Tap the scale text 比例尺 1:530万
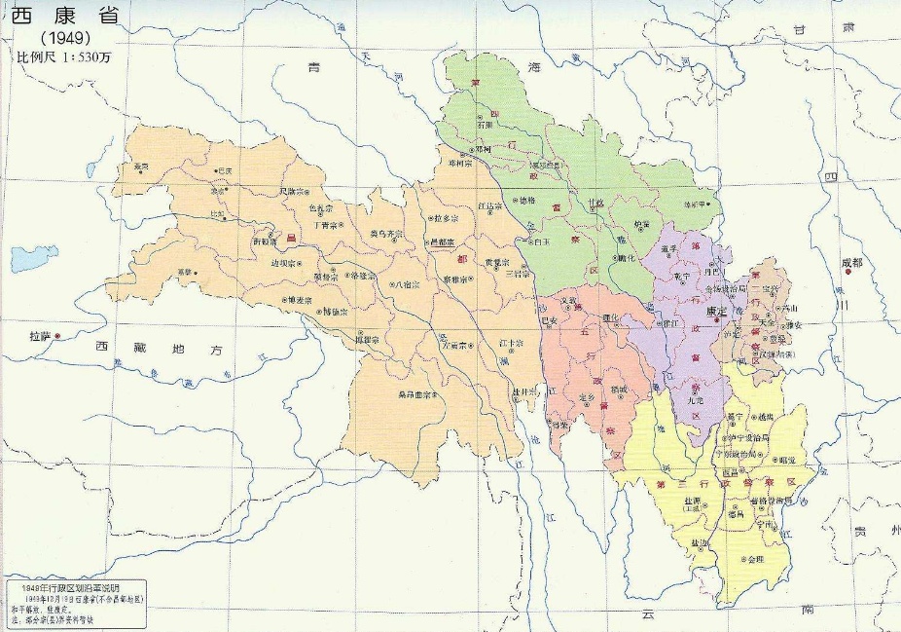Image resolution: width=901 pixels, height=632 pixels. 65,57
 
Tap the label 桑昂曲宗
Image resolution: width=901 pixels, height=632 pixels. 414,394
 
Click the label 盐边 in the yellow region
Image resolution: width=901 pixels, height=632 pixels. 700,540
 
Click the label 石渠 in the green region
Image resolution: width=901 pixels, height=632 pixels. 486,125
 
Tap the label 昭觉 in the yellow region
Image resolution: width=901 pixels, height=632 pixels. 784,459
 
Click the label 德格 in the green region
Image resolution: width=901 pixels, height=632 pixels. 526,200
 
